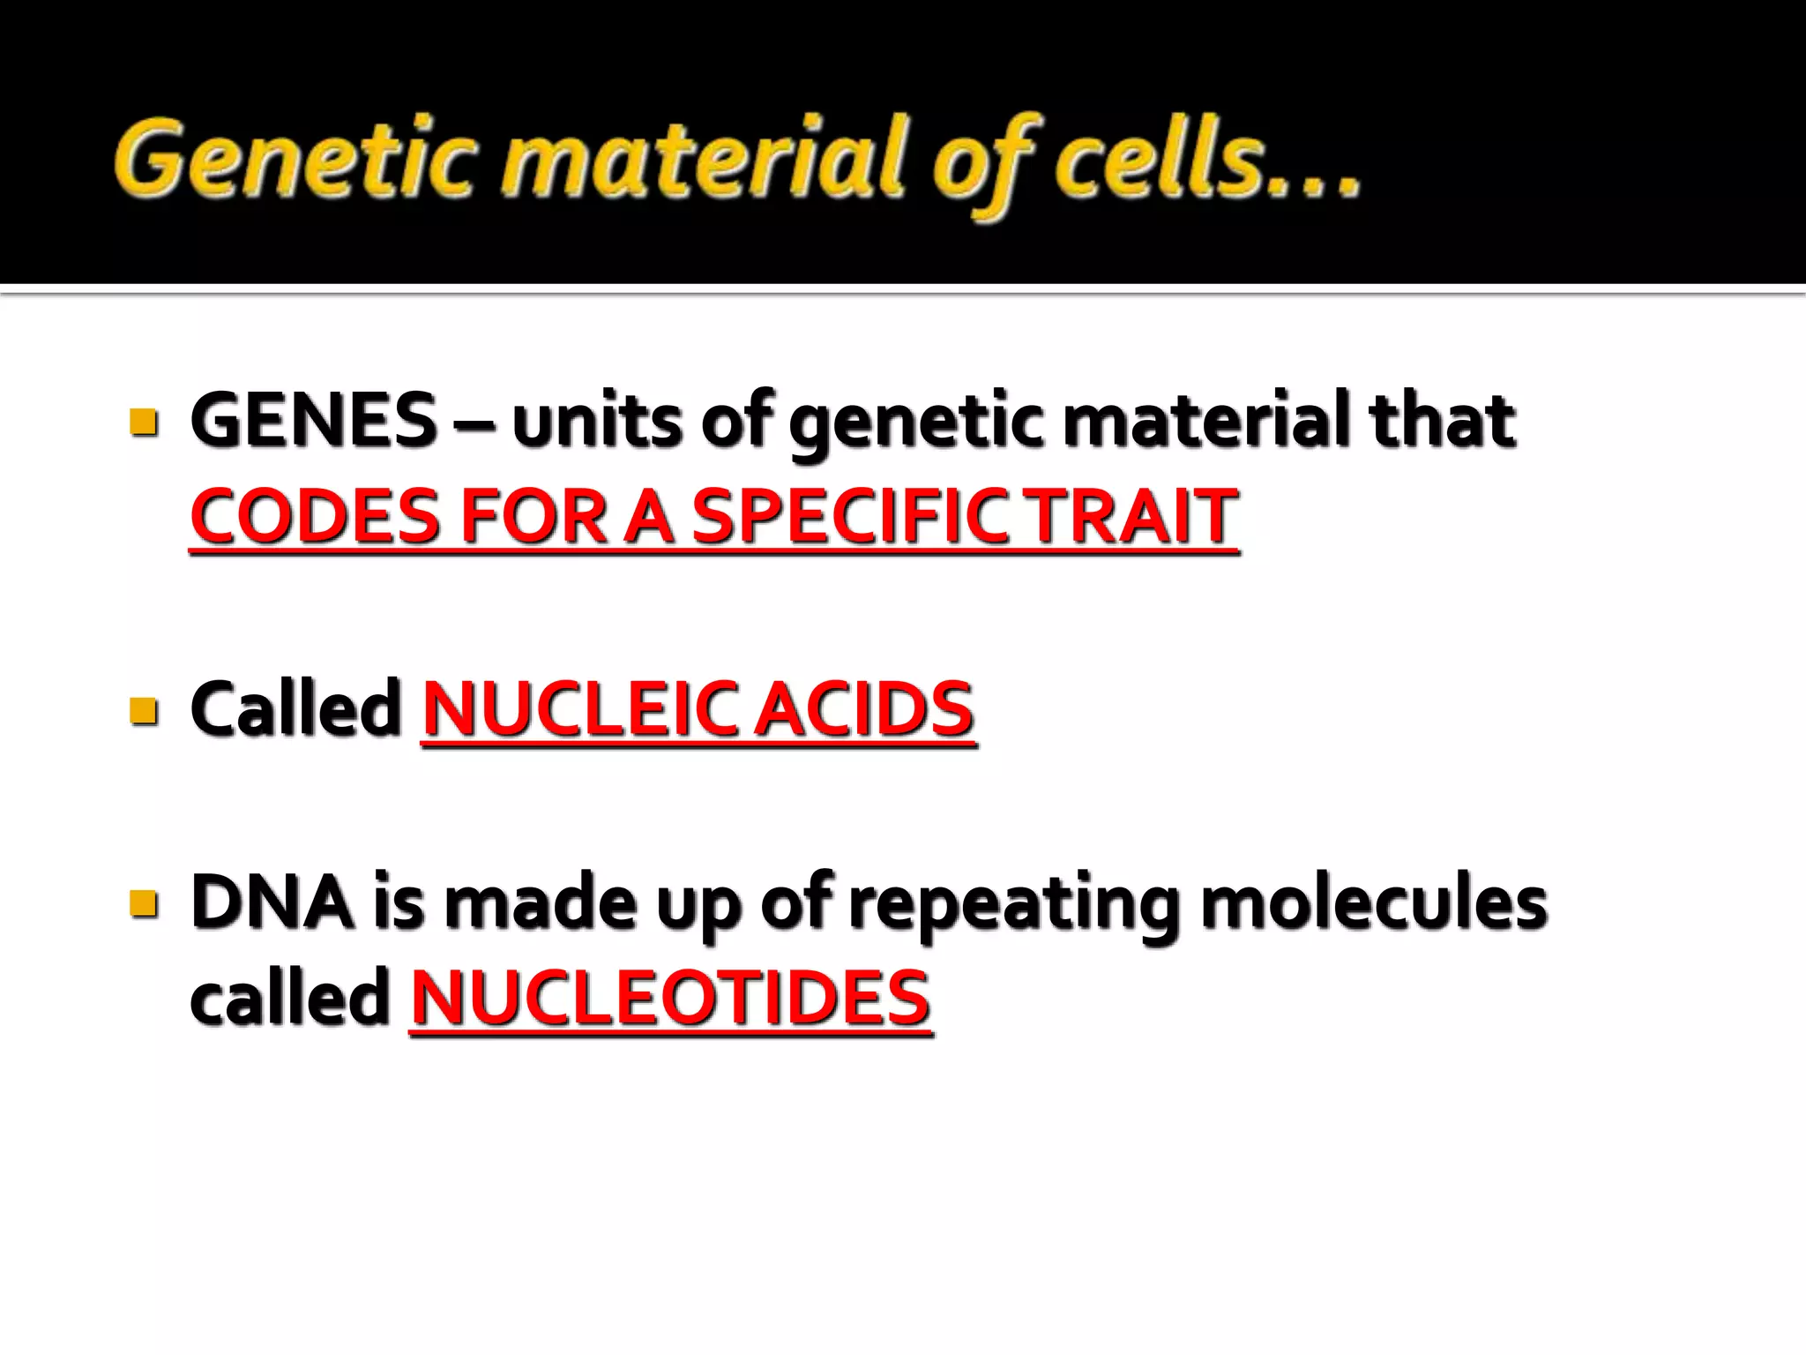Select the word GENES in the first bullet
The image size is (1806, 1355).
click(314, 421)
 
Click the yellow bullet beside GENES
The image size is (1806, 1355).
click(143, 422)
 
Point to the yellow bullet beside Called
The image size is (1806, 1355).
click(143, 710)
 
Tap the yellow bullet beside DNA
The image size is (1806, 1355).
click(143, 904)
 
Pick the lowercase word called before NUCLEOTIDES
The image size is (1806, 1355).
click(290, 997)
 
